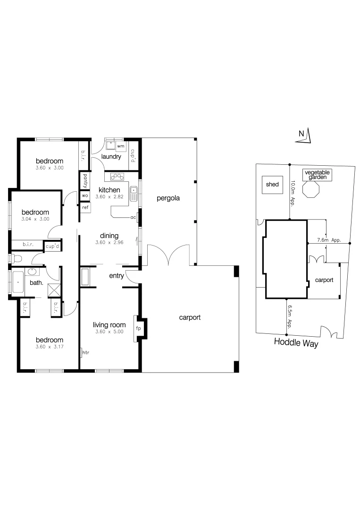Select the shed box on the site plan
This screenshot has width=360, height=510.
click(272, 185)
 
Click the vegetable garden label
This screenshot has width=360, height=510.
click(317, 175)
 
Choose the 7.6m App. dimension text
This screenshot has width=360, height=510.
click(329, 240)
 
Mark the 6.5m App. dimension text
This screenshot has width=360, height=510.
click(290, 316)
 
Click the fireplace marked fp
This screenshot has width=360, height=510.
click(139, 328)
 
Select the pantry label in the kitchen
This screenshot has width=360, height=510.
click(85, 181)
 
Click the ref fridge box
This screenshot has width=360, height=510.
click(85, 207)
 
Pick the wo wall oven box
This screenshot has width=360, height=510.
click(85, 195)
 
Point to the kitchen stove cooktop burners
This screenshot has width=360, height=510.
click(117, 177)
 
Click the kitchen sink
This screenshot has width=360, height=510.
click(134, 192)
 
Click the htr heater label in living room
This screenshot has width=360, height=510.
click(85, 352)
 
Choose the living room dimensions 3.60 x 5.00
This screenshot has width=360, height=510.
click(109, 332)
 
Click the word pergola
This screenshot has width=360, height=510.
click(169, 198)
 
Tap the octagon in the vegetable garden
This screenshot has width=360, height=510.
click(312, 191)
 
